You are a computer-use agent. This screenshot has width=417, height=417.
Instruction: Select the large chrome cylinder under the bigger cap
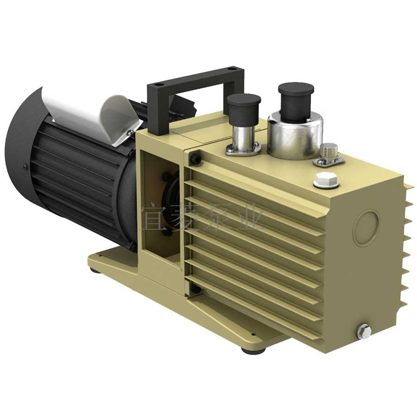[x=295, y=137]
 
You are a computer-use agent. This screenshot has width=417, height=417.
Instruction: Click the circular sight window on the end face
[x=366, y=228]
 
